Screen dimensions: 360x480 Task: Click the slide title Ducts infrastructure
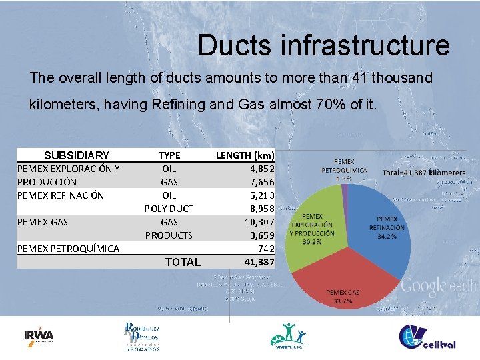coord(323,45)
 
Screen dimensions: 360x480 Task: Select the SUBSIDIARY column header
coord(76,155)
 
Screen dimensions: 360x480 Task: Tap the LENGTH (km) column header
coord(245,155)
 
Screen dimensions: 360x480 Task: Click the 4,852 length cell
coord(262,169)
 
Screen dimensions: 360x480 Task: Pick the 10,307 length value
coord(259,222)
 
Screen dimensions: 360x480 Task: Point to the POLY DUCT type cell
coord(169,209)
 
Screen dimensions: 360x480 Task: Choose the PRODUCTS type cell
coord(169,235)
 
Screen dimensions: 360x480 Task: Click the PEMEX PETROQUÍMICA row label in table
coord(68,249)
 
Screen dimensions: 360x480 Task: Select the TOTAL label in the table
coord(183,262)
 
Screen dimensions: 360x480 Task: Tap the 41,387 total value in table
coord(259,262)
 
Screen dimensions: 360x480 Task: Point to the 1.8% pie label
coord(344,179)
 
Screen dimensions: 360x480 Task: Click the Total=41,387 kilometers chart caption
coord(424,173)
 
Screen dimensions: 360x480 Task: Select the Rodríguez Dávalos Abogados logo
coord(142,337)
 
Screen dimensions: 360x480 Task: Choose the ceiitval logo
coord(427,337)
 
